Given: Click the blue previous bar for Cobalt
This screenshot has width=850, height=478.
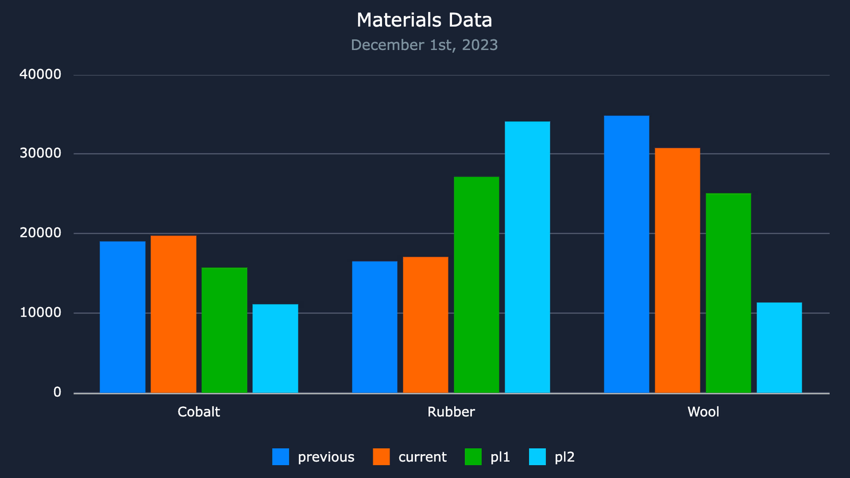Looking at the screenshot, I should tap(122, 317).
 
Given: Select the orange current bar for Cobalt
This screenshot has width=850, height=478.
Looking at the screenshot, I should tap(173, 314).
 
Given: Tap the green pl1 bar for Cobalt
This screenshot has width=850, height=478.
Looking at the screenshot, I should tap(224, 330).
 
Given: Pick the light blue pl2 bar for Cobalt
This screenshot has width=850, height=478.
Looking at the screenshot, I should tap(275, 348).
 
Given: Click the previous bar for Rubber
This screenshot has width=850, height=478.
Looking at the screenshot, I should tap(375, 327).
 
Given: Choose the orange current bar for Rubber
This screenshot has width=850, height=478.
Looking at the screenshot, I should tap(426, 325).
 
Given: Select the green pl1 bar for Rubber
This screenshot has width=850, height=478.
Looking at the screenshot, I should tap(477, 285).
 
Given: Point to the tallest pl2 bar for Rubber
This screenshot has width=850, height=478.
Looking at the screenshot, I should tap(528, 257).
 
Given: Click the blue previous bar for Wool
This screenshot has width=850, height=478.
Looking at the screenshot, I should tap(626, 254).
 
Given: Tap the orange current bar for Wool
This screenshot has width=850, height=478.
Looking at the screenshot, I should tap(677, 270).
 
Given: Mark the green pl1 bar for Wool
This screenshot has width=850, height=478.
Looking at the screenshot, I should tap(728, 293).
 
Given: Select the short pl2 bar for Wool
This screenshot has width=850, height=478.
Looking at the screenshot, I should tap(779, 347).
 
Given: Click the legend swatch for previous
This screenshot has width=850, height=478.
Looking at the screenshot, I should tap(280, 457).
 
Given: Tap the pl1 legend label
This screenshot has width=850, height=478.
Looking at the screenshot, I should tap(500, 457).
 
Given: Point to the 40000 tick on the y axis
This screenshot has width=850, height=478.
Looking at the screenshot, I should tap(40, 74).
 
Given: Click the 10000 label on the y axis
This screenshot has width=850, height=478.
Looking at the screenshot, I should tap(40, 313).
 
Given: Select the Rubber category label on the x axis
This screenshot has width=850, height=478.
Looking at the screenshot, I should tap(451, 412).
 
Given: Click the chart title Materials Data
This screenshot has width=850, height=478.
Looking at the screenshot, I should tap(424, 20).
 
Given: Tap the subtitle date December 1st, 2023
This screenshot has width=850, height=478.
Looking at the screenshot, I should tap(424, 45).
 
